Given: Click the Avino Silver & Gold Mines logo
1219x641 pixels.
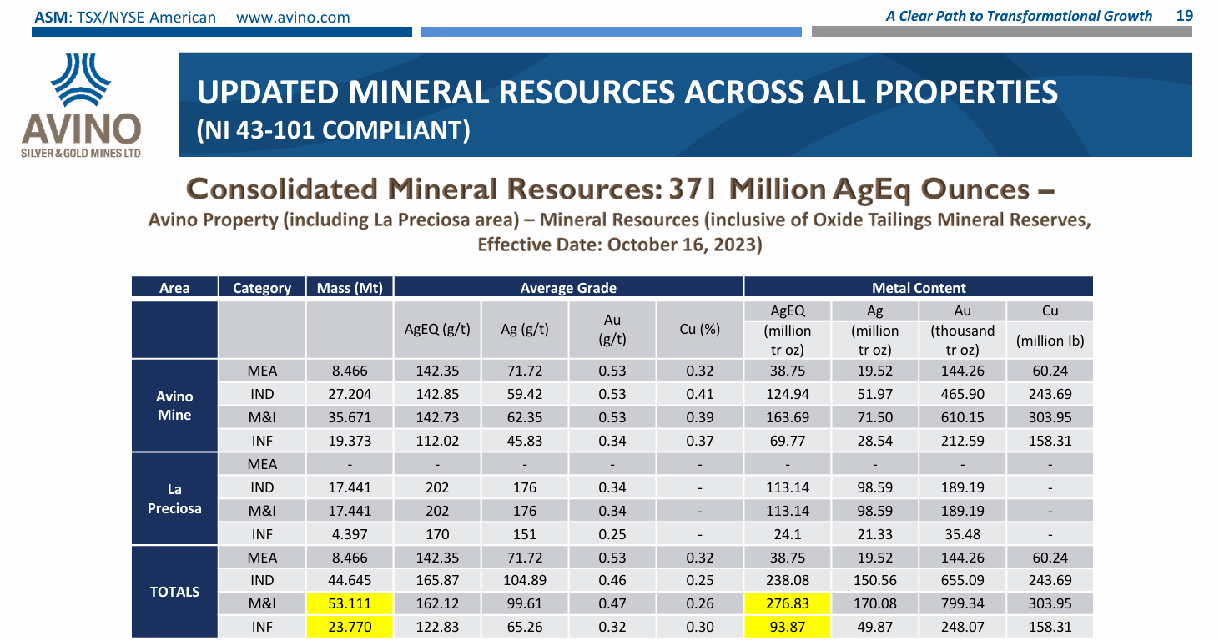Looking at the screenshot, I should pos(81,105).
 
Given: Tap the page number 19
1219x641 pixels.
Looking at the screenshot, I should pos(1184,16).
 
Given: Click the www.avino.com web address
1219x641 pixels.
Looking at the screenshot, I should pos(294,17).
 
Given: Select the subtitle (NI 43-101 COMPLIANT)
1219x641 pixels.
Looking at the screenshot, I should pos(333,130).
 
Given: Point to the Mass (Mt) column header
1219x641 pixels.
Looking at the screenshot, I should pos(350,288).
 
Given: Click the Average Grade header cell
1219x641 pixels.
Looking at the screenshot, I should pos(568,288).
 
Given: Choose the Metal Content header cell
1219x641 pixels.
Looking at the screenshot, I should pos(918,288).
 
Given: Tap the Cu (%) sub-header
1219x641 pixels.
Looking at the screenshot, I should pos(699,330).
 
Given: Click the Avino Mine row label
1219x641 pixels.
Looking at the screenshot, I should pos(174,406).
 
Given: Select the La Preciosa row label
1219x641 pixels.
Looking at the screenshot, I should pos(174,498).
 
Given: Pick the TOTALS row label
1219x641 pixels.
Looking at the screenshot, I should pos(174,592).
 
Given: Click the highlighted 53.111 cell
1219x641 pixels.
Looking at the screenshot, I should pos(350,603).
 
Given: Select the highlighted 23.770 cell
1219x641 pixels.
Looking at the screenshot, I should pos(350,627).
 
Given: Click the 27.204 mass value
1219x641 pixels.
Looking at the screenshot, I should pos(350,394).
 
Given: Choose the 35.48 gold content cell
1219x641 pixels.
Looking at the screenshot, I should pos(962,533).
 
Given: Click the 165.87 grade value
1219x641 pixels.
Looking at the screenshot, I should pos(437,580).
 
